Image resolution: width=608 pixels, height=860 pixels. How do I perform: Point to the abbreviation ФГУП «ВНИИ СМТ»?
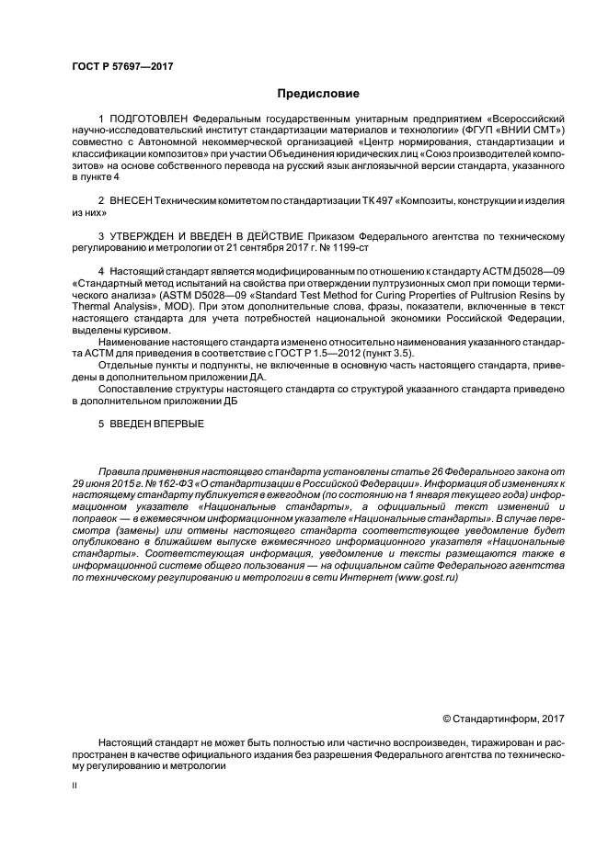point(512,131)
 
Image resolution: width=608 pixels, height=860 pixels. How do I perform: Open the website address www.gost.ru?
point(427,577)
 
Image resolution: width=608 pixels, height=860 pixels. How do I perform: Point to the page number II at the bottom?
point(75,786)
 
